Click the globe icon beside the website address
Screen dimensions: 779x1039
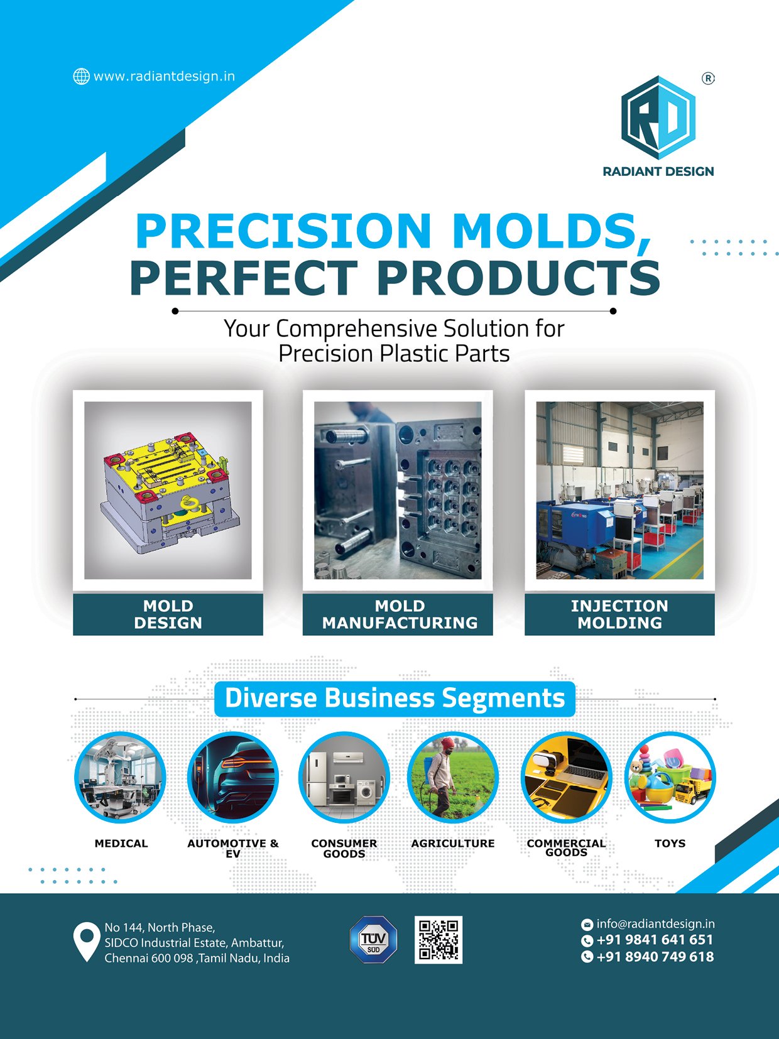pyautogui.click(x=82, y=76)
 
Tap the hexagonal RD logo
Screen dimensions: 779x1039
pyautogui.click(x=658, y=117)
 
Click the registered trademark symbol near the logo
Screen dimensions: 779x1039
pyautogui.click(x=708, y=79)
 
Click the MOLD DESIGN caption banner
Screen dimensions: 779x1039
pyautogui.click(x=168, y=614)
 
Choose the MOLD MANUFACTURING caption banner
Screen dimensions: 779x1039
pyautogui.click(x=398, y=614)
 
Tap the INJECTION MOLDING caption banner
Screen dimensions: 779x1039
pyautogui.click(x=619, y=614)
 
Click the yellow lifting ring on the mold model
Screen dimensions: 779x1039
pyautogui.click(x=188, y=502)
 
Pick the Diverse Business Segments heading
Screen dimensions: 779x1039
pyautogui.click(x=395, y=699)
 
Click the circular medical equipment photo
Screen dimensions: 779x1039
pyautogui.click(x=120, y=777)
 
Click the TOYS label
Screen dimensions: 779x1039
pyautogui.click(x=670, y=843)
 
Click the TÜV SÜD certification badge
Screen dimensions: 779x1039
pyautogui.click(x=373, y=940)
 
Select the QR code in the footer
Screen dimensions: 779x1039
pyautogui.click(x=439, y=940)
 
